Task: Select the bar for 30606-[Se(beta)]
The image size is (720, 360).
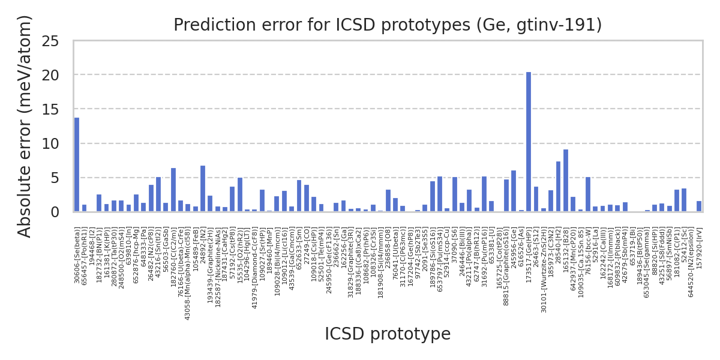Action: [77, 165]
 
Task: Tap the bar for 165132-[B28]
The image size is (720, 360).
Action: [566, 181]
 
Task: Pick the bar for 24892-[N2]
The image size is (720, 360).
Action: [203, 189]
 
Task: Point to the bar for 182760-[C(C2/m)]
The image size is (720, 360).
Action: [173, 190]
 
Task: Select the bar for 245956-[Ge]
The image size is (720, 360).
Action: [514, 191]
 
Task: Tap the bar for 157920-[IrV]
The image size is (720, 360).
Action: [699, 206]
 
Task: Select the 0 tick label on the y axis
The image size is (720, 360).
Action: [55, 212]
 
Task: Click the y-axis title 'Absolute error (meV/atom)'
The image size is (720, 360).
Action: [25, 126]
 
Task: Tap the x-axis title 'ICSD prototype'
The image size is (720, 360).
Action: [388, 334]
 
